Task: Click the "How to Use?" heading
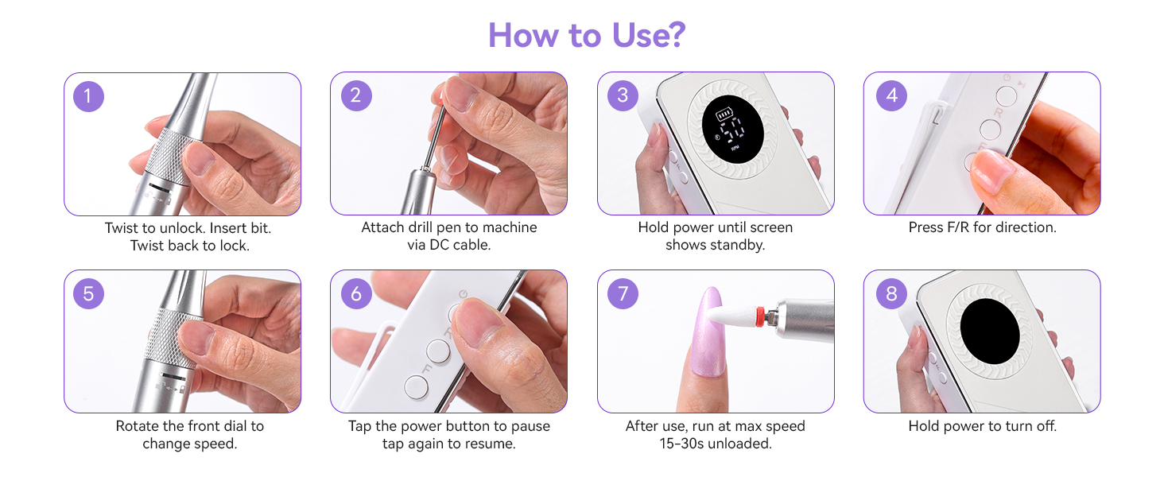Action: [587, 35]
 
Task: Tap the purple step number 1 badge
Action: [88, 96]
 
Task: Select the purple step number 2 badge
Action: [356, 95]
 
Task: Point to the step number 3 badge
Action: [623, 95]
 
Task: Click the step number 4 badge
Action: [892, 95]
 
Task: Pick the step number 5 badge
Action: [88, 293]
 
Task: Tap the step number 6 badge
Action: [356, 293]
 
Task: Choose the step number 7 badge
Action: [623, 293]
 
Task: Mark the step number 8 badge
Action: [892, 293]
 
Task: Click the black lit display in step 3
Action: [733, 130]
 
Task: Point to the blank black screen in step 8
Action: [990, 331]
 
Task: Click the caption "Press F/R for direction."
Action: [982, 227]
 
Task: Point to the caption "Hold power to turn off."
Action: [982, 426]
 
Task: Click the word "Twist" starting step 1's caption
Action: [121, 228]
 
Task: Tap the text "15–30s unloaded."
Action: [716, 444]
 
